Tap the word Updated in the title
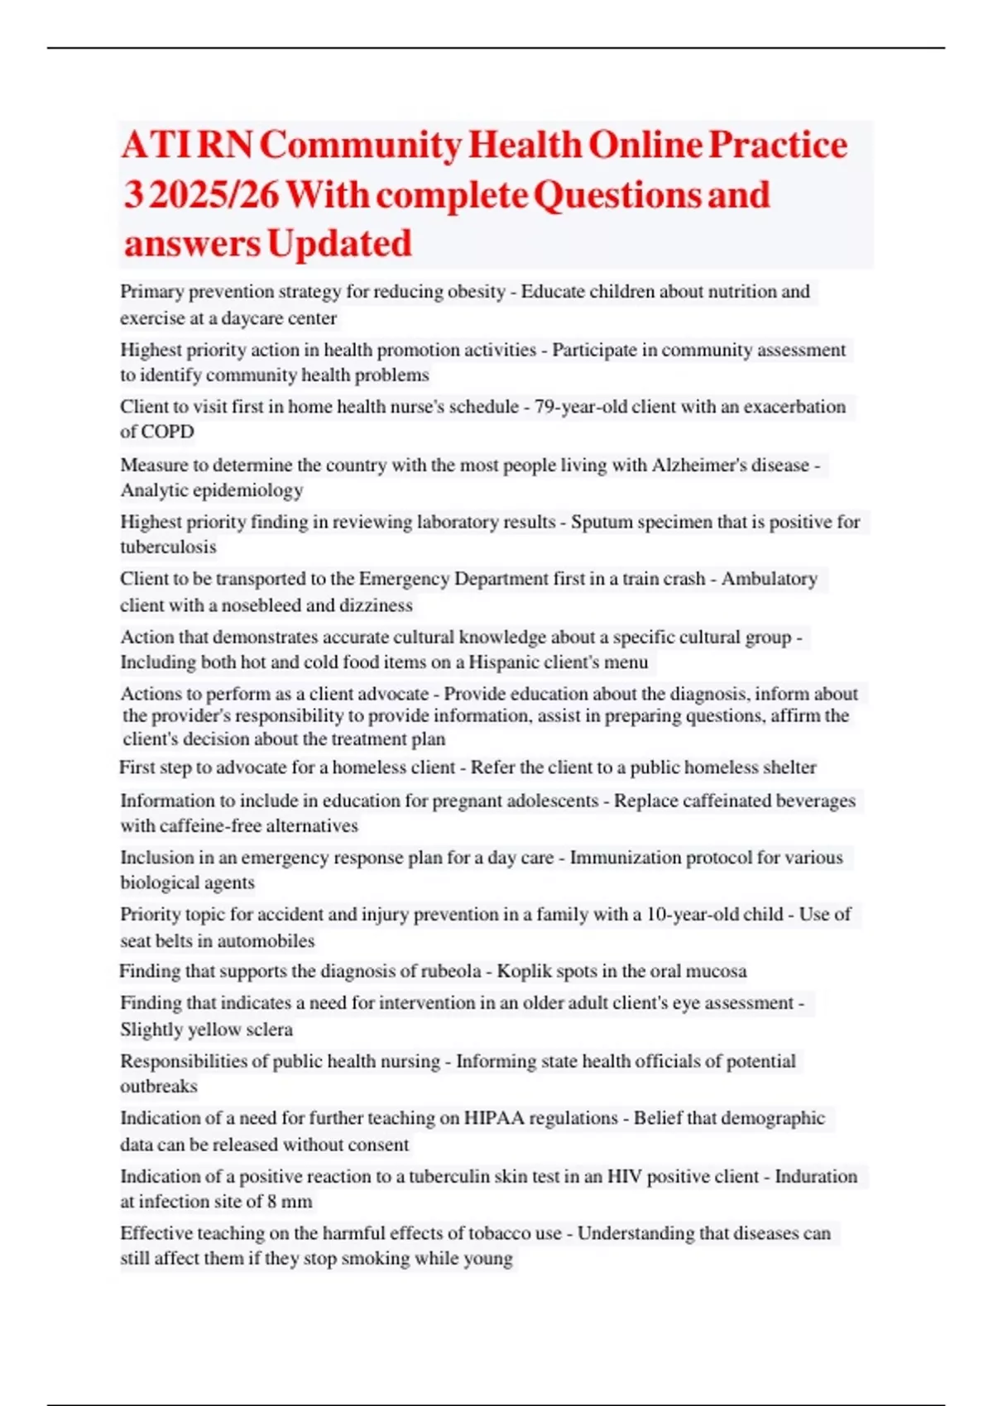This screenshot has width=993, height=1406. point(339,243)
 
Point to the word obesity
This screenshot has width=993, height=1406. point(476,291)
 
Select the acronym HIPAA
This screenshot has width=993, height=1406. point(493,1118)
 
